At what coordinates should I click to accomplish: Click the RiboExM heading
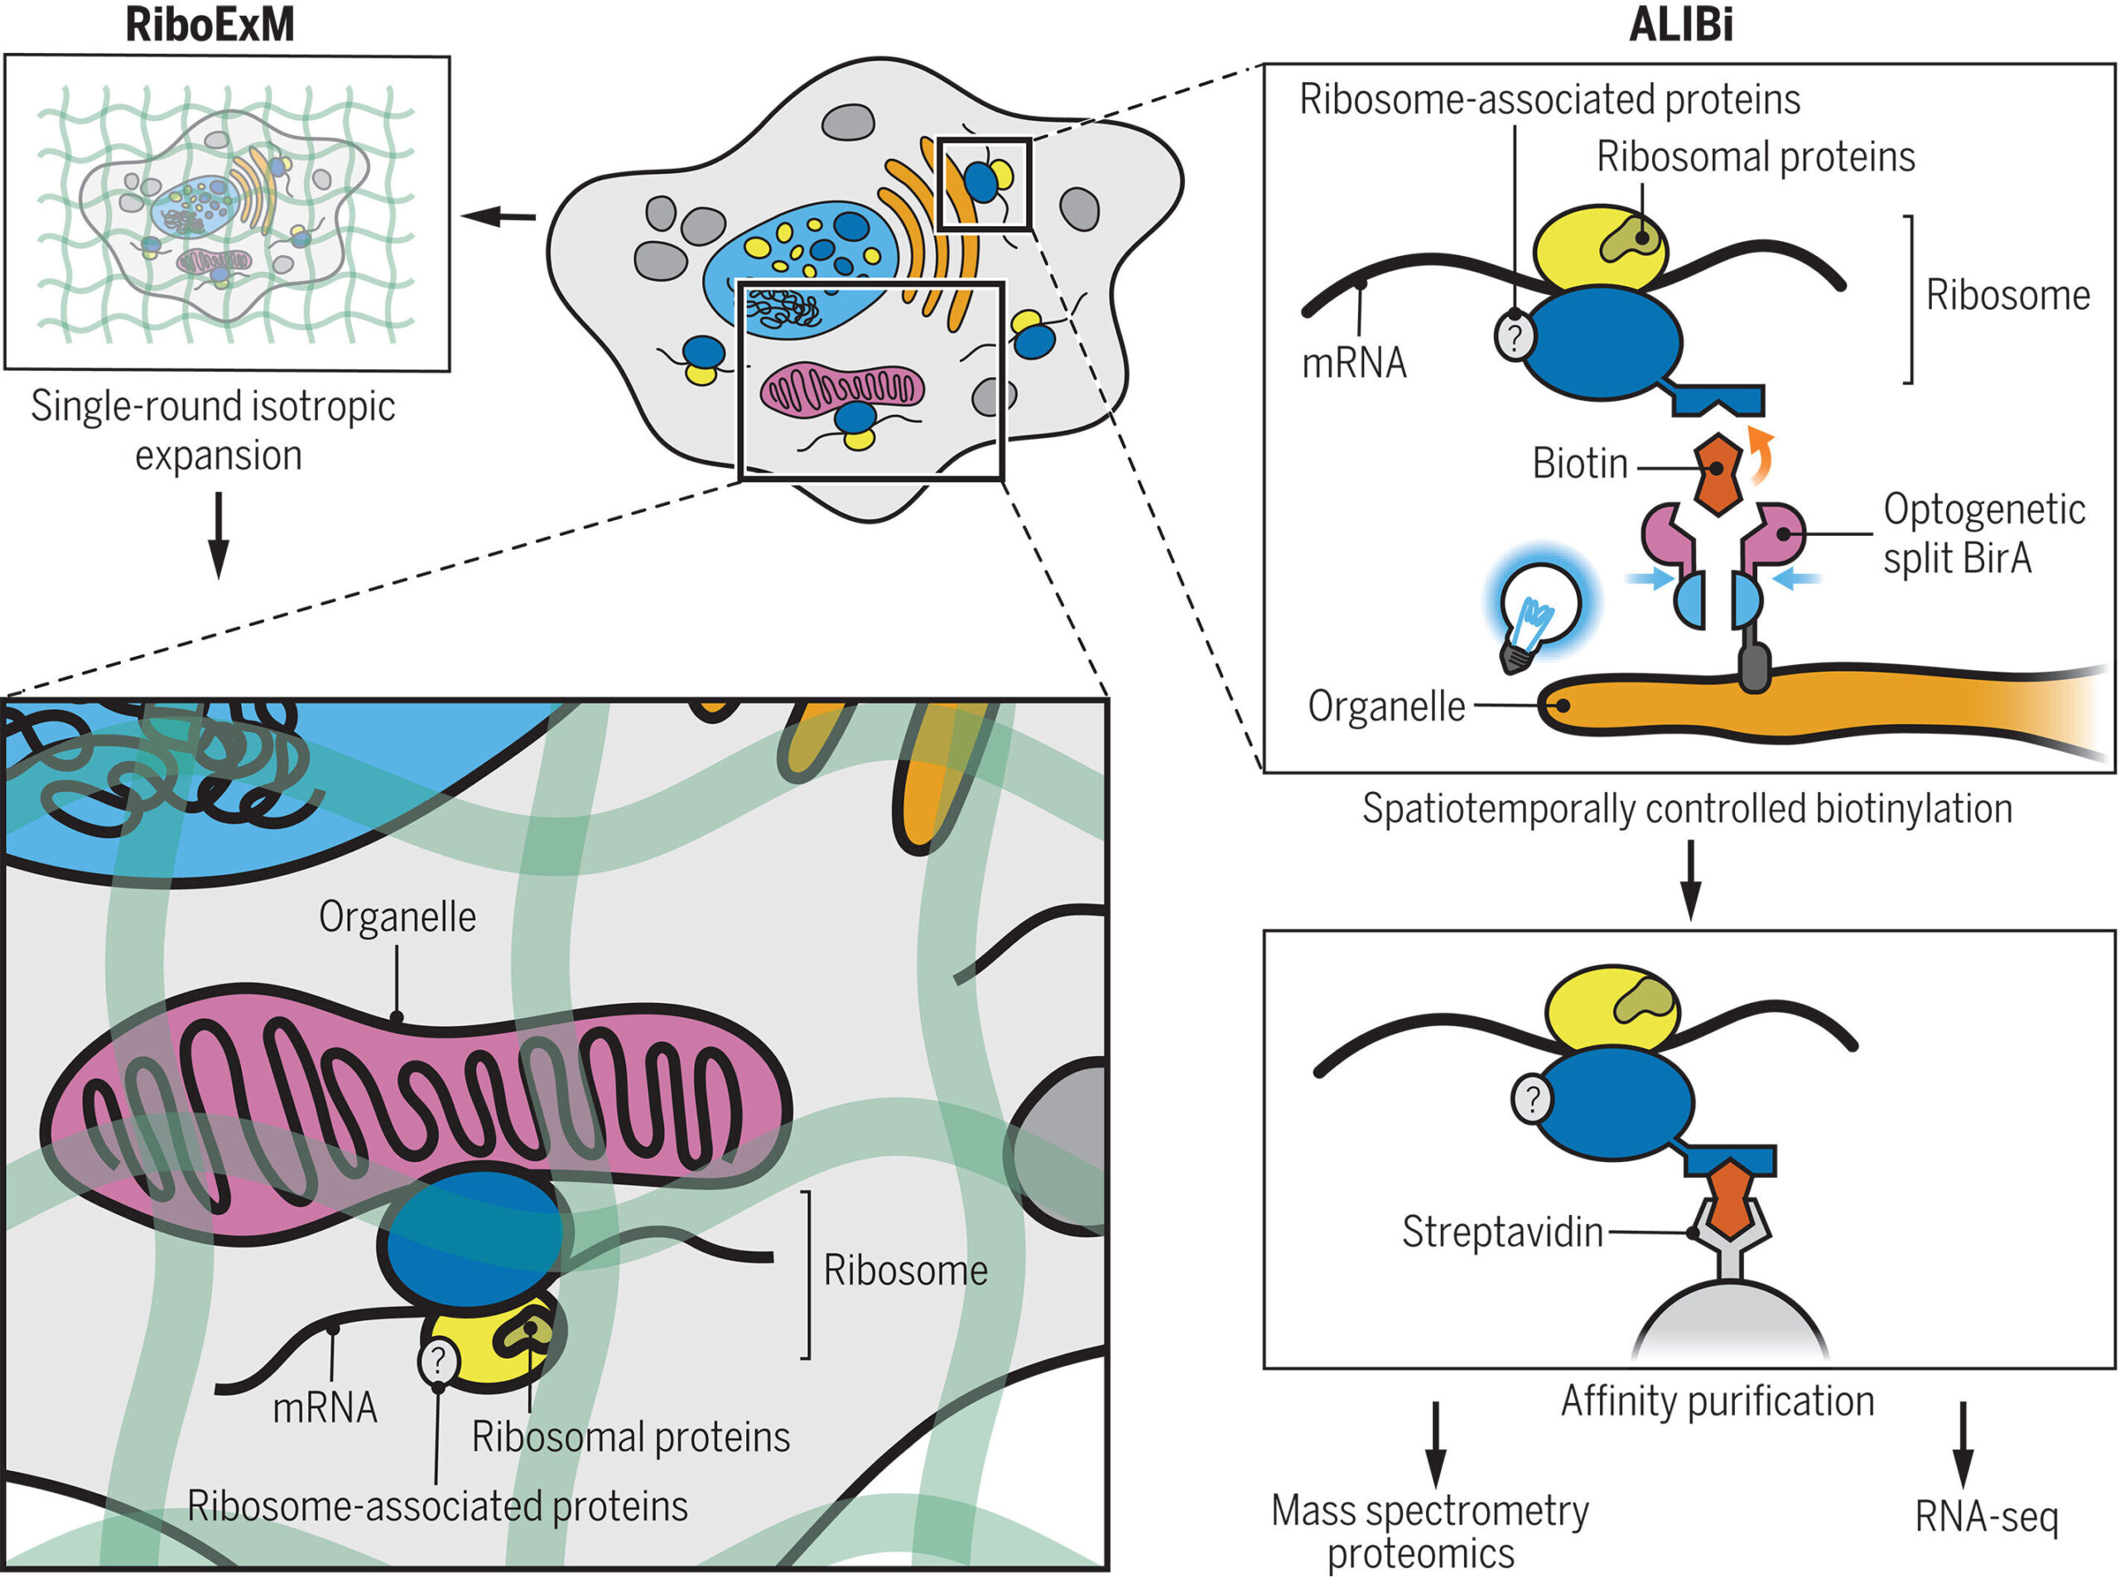[210, 25]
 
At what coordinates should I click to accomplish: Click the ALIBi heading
[1681, 25]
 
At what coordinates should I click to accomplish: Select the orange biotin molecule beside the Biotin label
[1718, 475]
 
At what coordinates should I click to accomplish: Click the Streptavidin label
[1501, 1232]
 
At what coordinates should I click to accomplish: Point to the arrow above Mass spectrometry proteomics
[1434, 1444]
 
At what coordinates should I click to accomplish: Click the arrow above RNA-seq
[1963, 1444]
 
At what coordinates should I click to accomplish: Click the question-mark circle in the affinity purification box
[1533, 1100]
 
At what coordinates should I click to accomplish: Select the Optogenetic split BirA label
[1983, 533]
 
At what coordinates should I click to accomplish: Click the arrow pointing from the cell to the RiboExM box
[499, 217]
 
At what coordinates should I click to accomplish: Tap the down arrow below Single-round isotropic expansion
[219, 536]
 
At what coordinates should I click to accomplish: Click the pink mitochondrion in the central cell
[843, 388]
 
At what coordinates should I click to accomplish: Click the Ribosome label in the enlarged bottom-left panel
[905, 1271]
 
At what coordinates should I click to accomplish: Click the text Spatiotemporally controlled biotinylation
[1688, 808]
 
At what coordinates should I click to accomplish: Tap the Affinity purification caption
[1718, 1401]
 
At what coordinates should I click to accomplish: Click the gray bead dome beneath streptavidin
[1730, 1319]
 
